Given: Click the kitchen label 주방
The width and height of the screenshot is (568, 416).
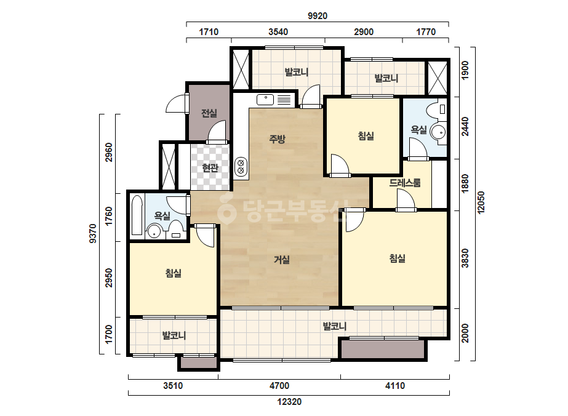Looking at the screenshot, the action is click(x=277, y=138).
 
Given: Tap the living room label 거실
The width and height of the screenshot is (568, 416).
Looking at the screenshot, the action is click(x=281, y=260).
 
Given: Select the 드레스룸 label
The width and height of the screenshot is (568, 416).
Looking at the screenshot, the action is click(x=405, y=183).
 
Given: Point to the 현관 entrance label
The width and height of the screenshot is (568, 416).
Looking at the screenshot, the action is click(x=210, y=168).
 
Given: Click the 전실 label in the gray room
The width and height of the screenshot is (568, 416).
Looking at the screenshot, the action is click(x=209, y=113).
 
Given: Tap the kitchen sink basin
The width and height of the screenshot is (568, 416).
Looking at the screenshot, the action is click(x=265, y=99).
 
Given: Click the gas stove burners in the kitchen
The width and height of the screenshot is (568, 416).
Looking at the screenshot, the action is click(x=240, y=167).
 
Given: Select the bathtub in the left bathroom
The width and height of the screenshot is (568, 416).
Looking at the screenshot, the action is click(x=137, y=215).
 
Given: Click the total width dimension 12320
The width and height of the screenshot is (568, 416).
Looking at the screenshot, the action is click(x=289, y=401).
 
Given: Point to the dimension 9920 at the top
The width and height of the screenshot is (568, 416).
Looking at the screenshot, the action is click(x=318, y=15).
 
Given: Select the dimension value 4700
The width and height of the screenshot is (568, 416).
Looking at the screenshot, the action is click(x=279, y=386).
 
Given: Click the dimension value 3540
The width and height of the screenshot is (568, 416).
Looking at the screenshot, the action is click(x=278, y=32).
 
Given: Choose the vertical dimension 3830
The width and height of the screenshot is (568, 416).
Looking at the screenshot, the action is click(x=465, y=258).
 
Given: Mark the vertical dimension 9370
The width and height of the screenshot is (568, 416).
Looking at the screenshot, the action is click(x=93, y=233).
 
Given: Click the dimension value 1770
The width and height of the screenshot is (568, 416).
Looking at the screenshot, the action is click(x=426, y=32).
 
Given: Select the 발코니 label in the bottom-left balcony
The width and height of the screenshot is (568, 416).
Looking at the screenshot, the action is click(x=174, y=335).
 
